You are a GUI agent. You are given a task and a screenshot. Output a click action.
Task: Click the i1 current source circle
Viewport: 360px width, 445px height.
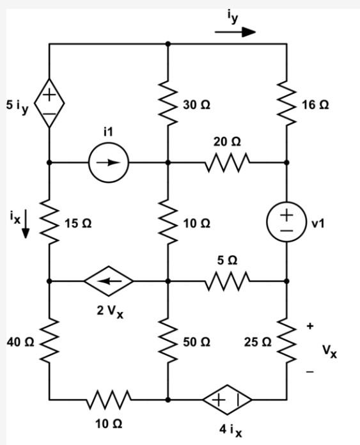pos(109,162)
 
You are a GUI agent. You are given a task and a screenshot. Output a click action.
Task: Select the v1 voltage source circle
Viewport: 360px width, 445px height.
pos(286,222)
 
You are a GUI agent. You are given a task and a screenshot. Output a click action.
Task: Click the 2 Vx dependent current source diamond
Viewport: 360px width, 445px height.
pos(109,281)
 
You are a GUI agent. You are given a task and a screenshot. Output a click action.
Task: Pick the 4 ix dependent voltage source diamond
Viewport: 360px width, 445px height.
pos(227,399)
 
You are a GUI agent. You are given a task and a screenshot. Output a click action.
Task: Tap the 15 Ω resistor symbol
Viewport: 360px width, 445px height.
pos(49,222)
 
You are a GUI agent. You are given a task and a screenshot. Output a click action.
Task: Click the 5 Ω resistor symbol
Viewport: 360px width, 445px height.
pos(227,281)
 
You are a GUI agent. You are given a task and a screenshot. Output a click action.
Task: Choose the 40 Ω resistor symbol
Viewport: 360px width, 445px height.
pos(49,340)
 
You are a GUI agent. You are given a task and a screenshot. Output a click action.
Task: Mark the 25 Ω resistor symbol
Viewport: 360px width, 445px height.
pos(286,340)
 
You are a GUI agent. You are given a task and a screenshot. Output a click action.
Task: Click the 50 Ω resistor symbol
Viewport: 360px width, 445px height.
pos(168,340)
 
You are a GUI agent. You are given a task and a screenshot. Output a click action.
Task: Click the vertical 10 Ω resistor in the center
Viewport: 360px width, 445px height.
pos(168,222)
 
